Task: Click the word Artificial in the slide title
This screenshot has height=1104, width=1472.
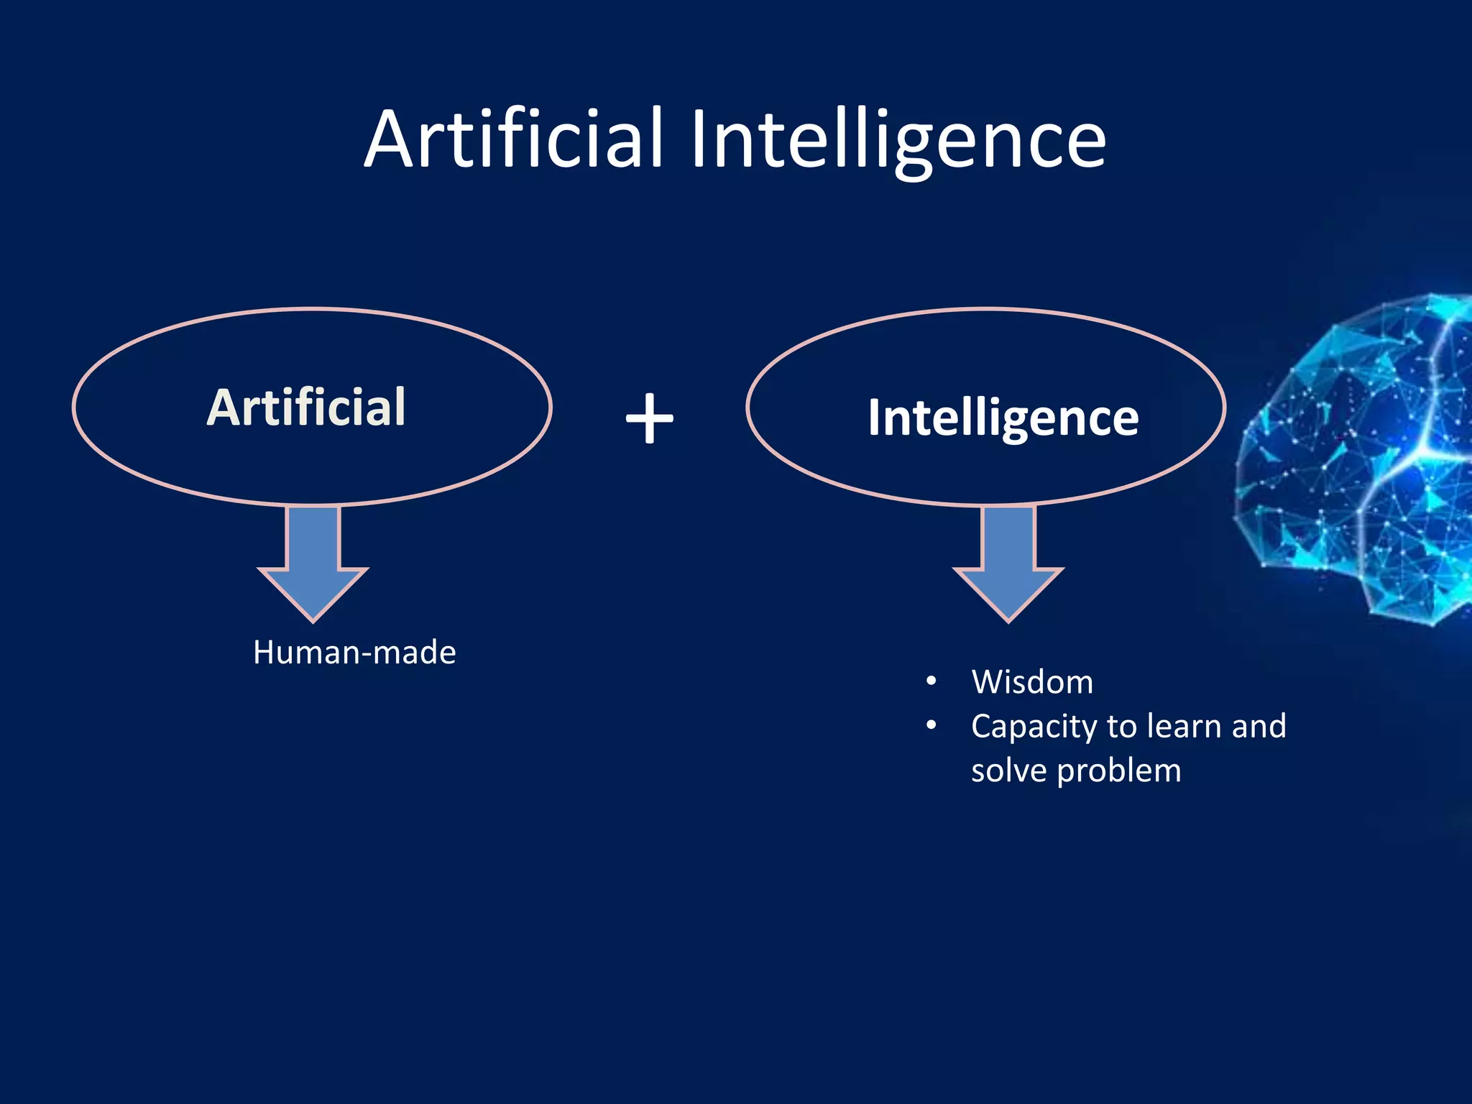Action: coord(513,139)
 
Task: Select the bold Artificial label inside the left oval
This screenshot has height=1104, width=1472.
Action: coord(307,408)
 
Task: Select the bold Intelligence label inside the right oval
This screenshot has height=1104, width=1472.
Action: coord(1003,418)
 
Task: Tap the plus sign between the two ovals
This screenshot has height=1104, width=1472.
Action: coord(649,418)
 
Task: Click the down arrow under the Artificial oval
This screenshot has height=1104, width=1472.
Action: coord(313,561)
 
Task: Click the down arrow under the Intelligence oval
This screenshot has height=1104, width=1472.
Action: coord(1008,561)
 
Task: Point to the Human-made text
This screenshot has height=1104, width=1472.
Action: coord(354,653)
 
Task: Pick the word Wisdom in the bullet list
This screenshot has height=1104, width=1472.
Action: coord(1032,682)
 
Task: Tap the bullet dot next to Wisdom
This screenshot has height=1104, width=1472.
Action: coord(931,681)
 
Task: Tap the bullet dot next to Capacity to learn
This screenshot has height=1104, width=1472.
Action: coord(931,726)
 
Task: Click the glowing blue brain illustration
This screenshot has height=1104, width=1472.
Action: coord(1358,460)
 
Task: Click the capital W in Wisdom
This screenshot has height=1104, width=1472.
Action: coord(987,682)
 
